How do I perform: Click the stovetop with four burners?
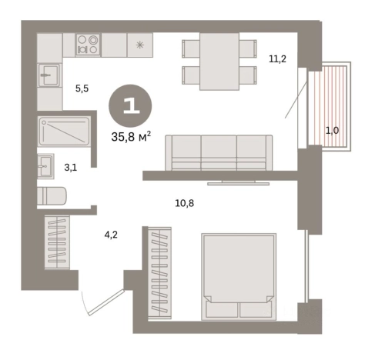click(x=88, y=45)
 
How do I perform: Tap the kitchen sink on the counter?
click(x=49, y=75)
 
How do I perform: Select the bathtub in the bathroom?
click(x=64, y=132)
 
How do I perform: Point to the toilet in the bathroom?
click(x=52, y=196)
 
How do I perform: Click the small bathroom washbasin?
click(x=45, y=166)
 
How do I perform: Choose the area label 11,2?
click(x=277, y=59)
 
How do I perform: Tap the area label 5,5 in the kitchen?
click(x=82, y=88)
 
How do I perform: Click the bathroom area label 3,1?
click(x=71, y=168)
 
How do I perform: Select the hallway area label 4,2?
click(x=111, y=235)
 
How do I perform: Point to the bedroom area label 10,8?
click(x=185, y=203)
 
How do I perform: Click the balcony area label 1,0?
click(x=332, y=131)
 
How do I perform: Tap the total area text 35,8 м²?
click(x=131, y=137)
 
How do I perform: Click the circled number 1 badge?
click(x=130, y=106)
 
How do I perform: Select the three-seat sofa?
click(x=219, y=152)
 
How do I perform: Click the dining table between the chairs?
click(x=219, y=62)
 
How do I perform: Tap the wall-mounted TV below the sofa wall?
click(x=238, y=183)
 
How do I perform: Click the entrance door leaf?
click(x=106, y=302)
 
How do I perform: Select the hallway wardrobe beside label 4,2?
click(x=57, y=242)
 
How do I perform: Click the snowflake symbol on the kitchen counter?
click(x=140, y=45)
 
